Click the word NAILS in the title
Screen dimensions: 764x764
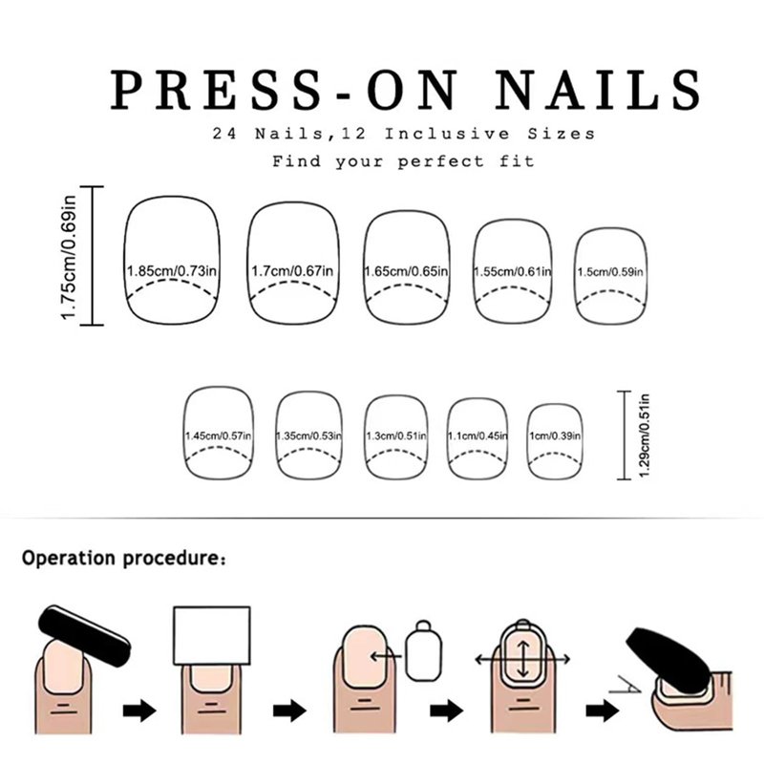pos(599,89)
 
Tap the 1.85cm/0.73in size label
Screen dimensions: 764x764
pos(172,271)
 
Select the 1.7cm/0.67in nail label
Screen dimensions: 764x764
pos(292,271)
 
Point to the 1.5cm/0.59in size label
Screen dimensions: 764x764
pos(610,272)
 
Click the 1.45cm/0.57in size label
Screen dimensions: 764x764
pos(219,435)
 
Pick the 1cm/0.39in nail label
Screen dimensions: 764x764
pos(555,435)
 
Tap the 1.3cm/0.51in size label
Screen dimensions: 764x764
pos(396,435)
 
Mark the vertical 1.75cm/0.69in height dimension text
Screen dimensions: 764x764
pos(68,257)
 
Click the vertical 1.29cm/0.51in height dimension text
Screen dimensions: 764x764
pos(644,435)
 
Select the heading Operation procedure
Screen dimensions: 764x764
pos(124,559)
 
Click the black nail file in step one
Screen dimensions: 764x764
pos(84,635)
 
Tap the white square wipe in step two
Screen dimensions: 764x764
pos(212,635)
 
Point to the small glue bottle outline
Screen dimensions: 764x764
pos(423,650)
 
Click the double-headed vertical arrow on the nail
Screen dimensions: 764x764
pos(522,659)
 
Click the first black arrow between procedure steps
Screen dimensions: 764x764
pos(139,711)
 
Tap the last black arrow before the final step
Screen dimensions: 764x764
pos(603,711)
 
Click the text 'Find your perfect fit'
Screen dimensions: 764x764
pos(403,160)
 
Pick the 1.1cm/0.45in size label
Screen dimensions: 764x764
pos(477,435)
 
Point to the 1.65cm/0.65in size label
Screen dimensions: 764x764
pos(407,271)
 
